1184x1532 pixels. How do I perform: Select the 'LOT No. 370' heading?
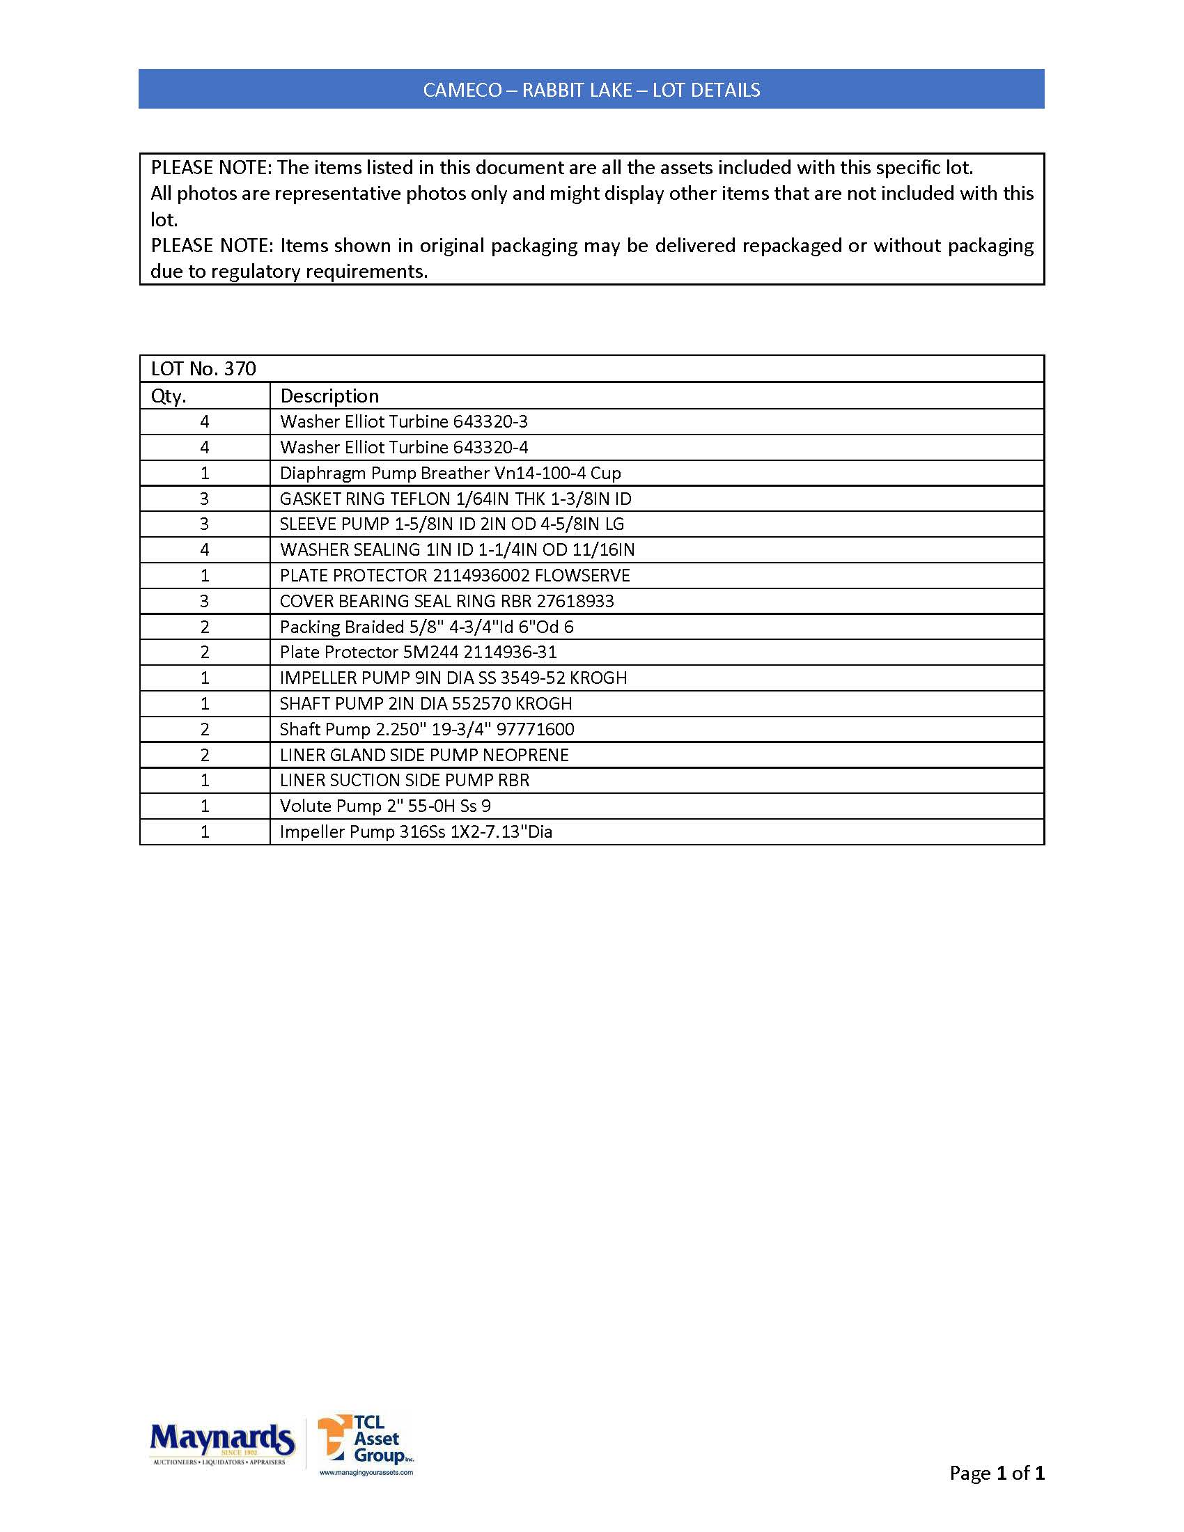[203, 369]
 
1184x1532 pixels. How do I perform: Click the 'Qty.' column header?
[169, 396]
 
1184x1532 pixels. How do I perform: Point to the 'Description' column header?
[329, 396]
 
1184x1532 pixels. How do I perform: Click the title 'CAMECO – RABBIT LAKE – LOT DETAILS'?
[591, 90]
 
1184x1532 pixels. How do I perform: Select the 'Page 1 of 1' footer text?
[996, 1473]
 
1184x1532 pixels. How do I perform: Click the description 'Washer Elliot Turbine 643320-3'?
[403, 421]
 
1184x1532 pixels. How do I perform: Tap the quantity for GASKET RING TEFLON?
[205, 499]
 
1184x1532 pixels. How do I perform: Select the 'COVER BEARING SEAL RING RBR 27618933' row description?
[447, 601]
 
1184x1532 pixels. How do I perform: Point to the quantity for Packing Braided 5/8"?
[205, 627]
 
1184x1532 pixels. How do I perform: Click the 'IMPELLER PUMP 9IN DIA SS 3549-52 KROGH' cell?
[453, 678]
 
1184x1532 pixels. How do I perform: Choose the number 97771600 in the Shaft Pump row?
[535, 730]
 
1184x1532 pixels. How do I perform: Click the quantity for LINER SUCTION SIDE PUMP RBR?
[205, 781]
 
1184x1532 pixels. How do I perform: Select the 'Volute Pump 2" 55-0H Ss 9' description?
[385, 806]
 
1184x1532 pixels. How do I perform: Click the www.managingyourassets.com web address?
[366, 1472]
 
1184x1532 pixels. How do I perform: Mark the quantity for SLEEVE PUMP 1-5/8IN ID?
[205, 524]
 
